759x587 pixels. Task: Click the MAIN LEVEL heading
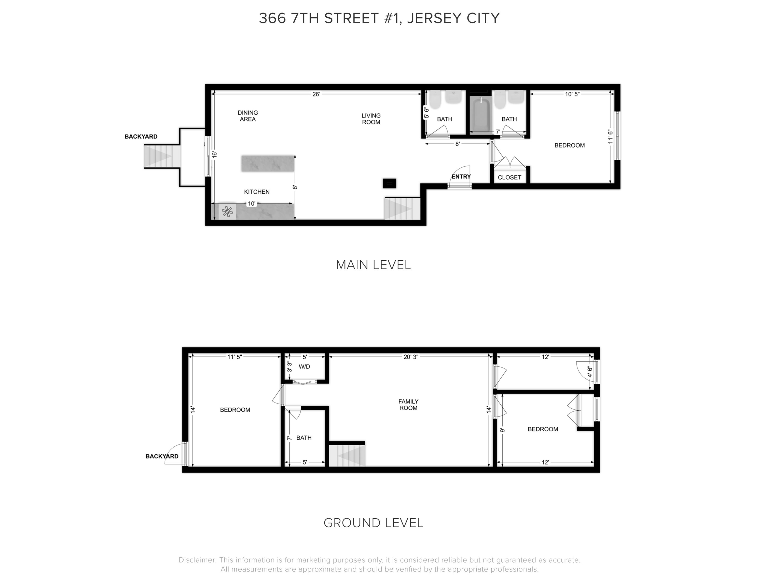[x=373, y=265]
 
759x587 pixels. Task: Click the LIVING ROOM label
[x=371, y=118]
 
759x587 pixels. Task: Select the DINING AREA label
[x=247, y=116]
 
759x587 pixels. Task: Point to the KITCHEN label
[x=256, y=192]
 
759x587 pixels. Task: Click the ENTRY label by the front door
[x=461, y=177]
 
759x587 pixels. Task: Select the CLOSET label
[x=509, y=177]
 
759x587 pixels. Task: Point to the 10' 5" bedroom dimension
[x=572, y=94]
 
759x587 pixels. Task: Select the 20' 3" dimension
[x=410, y=357]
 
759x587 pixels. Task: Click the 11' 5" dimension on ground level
[x=234, y=357]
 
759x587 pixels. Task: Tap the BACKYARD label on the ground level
[x=162, y=456]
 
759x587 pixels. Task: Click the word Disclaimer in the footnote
[x=197, y=560]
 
